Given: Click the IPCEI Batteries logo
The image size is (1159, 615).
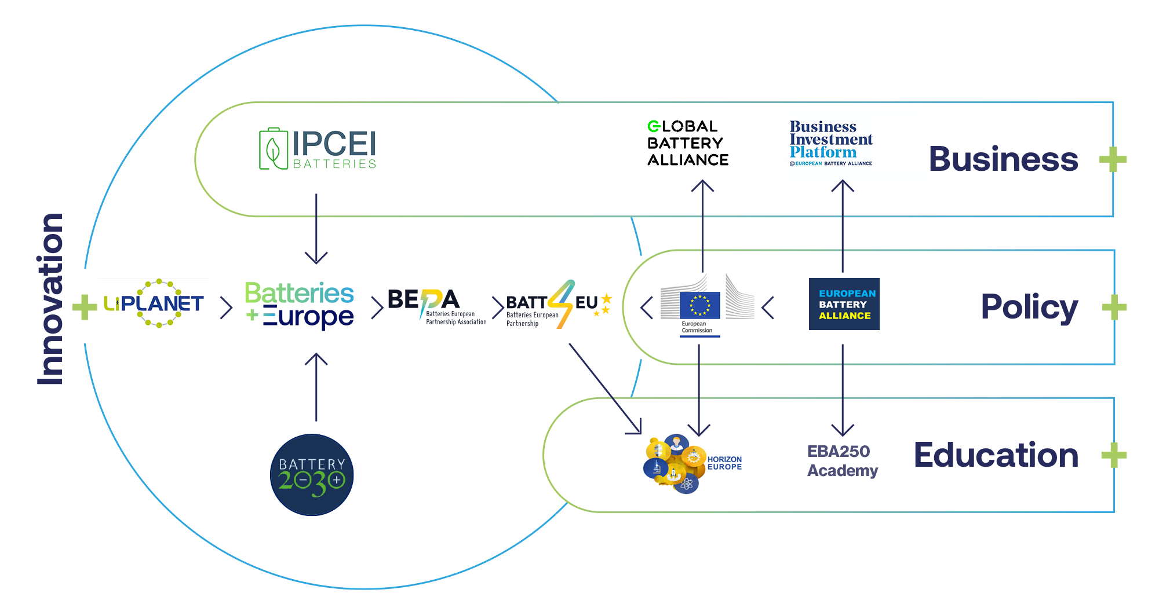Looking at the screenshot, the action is tap(318, 149).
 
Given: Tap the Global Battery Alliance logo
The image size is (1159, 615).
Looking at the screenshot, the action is tap(688, 143).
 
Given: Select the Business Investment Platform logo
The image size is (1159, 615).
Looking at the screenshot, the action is tap(831, 143).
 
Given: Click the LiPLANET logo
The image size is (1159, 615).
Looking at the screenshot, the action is tap(154, 303).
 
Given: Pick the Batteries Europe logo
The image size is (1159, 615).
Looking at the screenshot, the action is tap(299, 305).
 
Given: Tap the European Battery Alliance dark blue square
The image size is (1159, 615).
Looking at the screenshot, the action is tap(844, 304).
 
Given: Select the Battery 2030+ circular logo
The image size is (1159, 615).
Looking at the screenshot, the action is tap(312, 475).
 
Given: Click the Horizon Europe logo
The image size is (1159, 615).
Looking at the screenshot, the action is tap(693, 463).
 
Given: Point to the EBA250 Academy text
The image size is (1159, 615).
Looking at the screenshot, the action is tap(843, 461).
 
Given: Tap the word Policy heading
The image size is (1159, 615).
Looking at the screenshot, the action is tap(1030, 307).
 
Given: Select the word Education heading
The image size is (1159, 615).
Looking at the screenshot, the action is tap(996, 455).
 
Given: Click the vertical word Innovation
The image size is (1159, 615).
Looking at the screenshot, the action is tap(50, 299).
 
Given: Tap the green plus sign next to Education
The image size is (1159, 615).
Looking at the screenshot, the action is tap(1114, 455).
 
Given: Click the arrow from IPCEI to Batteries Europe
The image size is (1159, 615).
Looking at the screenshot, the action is tap(316, 229).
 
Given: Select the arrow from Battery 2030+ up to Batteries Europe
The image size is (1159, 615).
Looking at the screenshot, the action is tap(316, 387).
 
